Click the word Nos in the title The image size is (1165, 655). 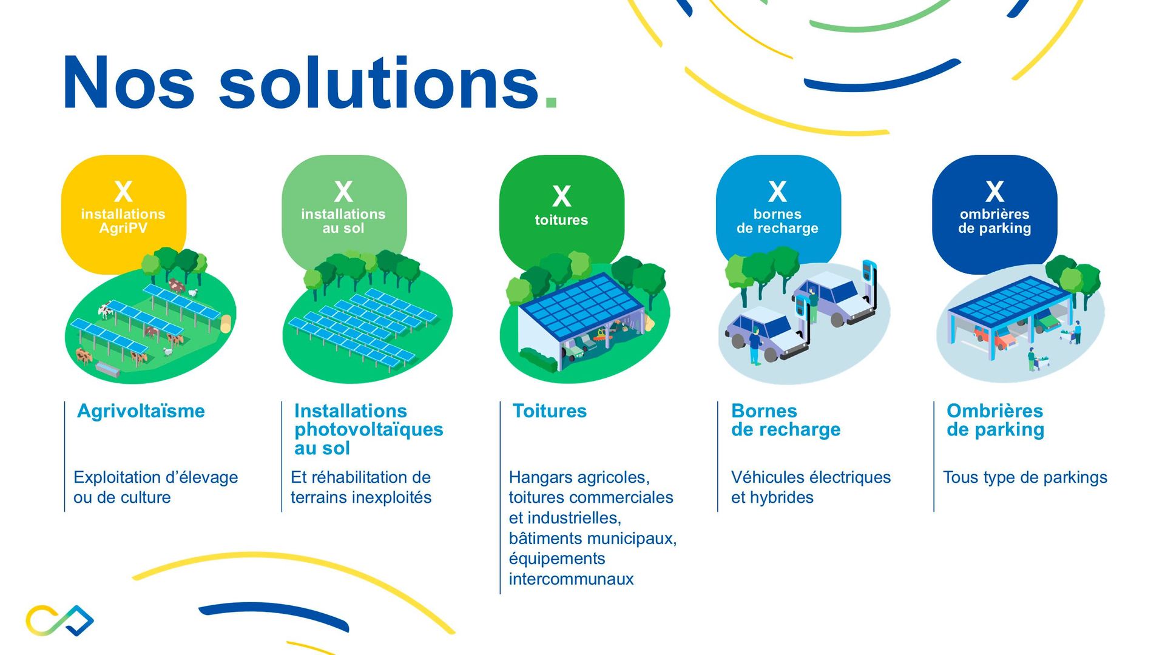(x=128, y=82)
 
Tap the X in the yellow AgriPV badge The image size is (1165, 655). (x=123, y=192)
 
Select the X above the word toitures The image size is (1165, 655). (x=561, y=196)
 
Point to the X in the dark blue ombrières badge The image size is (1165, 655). (x=994, y=192)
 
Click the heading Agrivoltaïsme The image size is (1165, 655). (x=141, y=411)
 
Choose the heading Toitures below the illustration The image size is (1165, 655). (x=550, y=411)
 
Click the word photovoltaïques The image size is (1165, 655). (x=369, y=430)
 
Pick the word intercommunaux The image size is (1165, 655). (x=571, y=579)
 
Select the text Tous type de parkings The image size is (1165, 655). (x=1025, y=477)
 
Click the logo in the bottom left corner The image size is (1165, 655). (x=59, y=620)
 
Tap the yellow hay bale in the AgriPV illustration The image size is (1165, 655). (x=226, y=323)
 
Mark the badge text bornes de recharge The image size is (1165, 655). (x=777, y=221)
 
